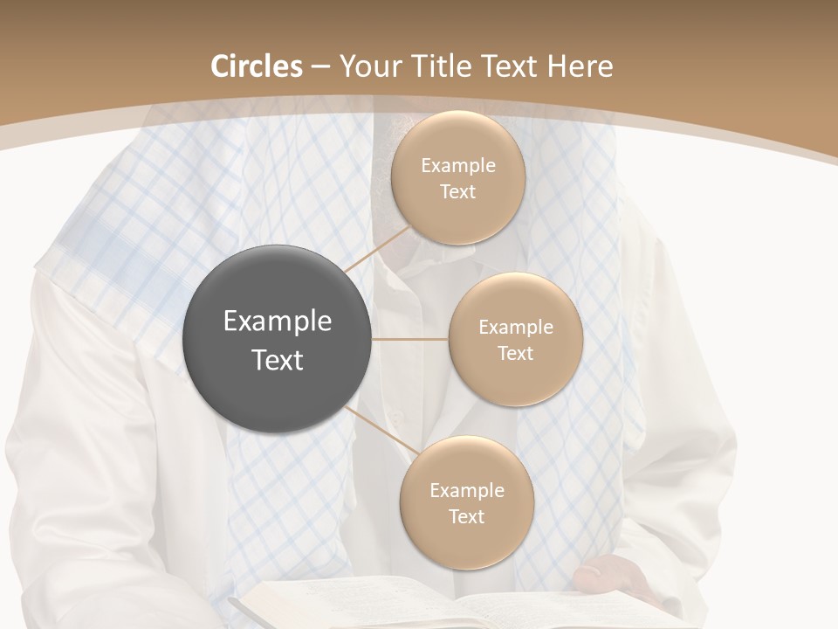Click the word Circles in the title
tap(257, 66)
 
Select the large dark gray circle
tap(278, 339)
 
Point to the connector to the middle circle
tap(410, 339)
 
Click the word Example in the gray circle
tap(278, 321)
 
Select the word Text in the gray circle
tap(278, 360)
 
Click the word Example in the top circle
tap(457, 165)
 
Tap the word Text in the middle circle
tap(515, 353)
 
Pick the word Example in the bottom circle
tap(466, 490)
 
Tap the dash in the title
tap(319, 67)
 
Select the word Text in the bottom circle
tap(466, 516)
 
